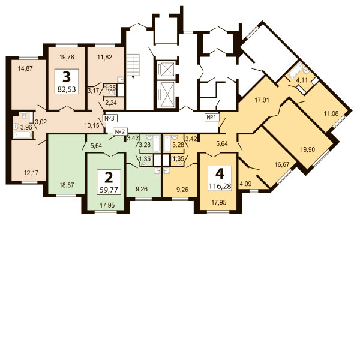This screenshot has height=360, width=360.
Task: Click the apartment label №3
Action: tap(110, 118)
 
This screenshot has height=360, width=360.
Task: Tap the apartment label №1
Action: tap(212, 118)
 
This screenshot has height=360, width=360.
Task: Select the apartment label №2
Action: tap(121, 131)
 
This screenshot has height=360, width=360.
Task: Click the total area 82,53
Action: tap(67, 89)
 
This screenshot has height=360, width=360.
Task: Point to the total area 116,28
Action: tap(220, 186)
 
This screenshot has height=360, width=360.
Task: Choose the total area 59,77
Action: tap(109, 190)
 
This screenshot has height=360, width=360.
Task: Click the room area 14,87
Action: tap(25, 68)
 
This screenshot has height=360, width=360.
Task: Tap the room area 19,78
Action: tap(67, 57)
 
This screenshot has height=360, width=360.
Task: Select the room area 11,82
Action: tap(104, 57)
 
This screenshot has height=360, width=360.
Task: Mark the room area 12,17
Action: tap(31, 173)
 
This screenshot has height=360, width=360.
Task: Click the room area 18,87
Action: tap(67, 185)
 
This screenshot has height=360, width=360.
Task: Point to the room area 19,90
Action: tap(308, 149)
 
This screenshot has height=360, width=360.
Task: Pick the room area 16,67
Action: tap(282, 164)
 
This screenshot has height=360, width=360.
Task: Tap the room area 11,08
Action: tap(331, 113)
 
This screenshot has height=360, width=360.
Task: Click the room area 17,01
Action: tap(262, 100)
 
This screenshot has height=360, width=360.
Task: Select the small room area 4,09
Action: tap(245, 184)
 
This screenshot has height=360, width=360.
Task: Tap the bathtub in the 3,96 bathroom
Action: tap(22, 135)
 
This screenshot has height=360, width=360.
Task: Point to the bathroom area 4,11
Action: tap(301, 80)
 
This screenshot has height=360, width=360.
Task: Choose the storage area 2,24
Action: tap(111, 103)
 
